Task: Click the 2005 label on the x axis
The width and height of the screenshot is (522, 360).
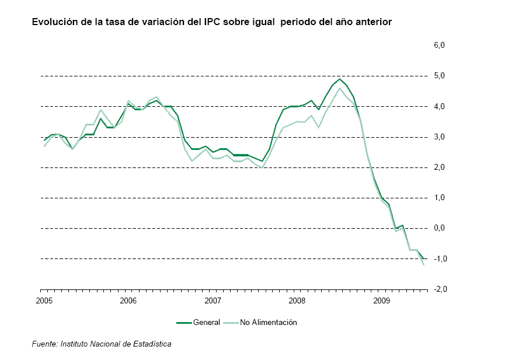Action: [x=43, y=300]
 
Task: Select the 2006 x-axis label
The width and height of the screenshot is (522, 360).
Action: [x=128, y=300]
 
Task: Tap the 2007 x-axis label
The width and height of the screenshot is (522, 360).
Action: [x=213, y=300]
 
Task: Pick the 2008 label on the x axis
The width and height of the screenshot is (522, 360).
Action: [x=297, y=300]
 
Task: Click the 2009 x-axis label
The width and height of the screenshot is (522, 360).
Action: [x=382, y=300]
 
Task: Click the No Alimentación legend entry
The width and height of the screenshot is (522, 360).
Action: [x=268, y=322]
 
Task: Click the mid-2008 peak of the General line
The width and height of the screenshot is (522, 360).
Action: [x=340, y=79]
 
